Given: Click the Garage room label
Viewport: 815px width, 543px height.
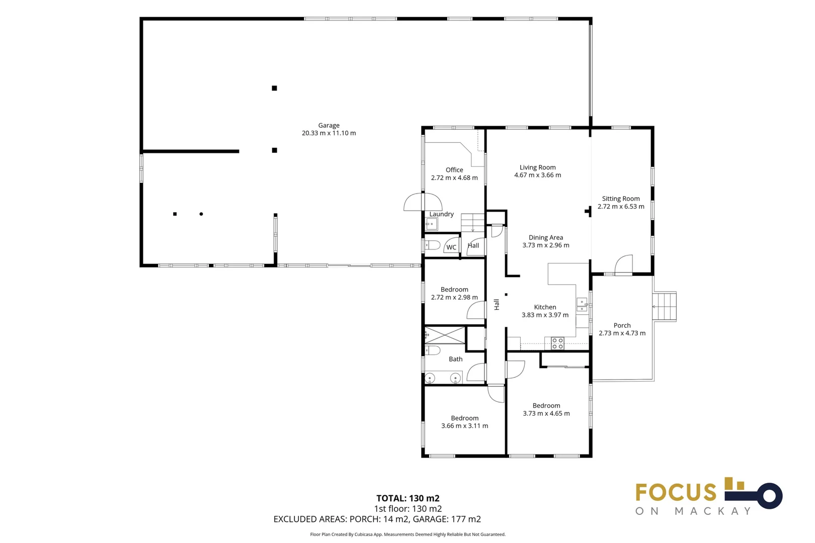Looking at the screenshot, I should point(329,125).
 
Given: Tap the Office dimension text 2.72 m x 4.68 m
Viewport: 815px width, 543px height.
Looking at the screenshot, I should point(454,178).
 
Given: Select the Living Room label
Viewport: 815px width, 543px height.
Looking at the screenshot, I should point(537,167).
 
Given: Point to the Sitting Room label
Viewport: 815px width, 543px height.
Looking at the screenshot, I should point(620,199).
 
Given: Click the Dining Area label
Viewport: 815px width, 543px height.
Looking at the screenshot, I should point(545,237).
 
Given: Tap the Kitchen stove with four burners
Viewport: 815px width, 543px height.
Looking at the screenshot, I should point(557,343).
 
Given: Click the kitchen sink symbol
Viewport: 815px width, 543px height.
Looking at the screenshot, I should point(582,305).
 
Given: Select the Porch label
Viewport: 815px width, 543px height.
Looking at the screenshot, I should point(622,325).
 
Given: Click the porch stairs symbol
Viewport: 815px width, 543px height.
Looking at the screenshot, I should point(665,306).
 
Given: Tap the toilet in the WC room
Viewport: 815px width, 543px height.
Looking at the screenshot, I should point(432,246).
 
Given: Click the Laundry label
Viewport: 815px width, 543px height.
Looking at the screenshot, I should point(441,214).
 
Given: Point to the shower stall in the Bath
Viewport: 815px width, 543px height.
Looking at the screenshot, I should point(445,335).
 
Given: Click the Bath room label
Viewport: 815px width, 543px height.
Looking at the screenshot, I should point(455,359).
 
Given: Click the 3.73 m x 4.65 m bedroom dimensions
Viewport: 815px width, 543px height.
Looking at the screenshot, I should point(546,414).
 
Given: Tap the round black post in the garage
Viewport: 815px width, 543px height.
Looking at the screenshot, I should point(201,214).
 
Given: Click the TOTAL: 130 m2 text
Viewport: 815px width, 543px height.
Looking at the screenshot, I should point(407,498).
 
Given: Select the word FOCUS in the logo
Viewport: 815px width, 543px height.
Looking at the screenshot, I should point(676,492).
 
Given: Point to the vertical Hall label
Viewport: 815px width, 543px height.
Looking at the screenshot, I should point(497,304).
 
